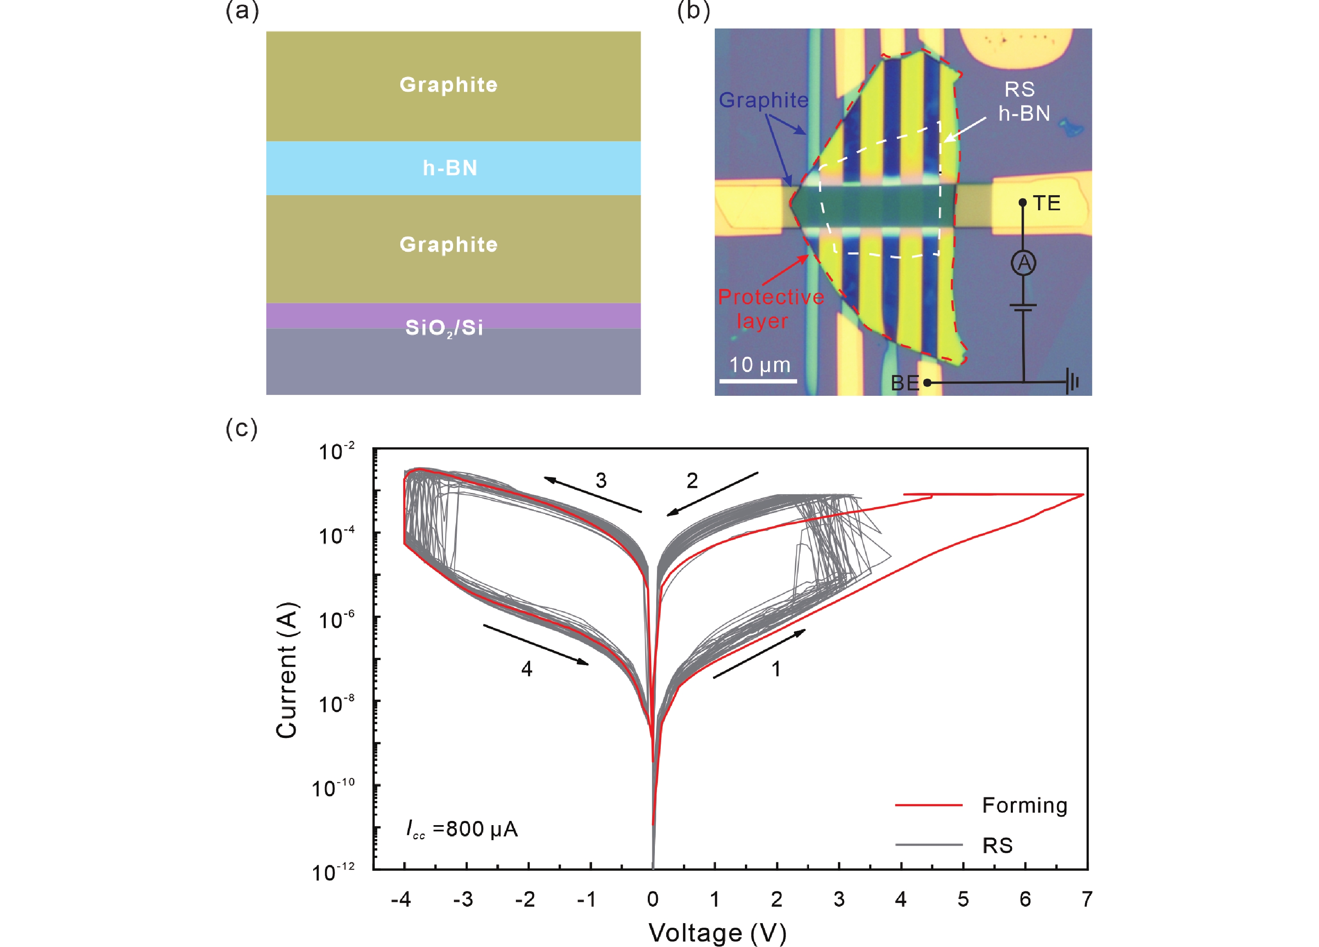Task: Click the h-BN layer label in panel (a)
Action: click(450, 168)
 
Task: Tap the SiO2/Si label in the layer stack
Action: click(444, 328)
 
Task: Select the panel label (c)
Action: click(241, 429)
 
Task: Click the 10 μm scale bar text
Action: click(760, 365)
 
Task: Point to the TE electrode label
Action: click(1046, 203)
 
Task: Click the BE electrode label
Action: click(905, 383)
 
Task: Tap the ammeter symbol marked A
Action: click(1023, 263)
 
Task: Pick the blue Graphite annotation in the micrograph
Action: click(764, 100)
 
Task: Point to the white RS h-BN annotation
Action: click(1023, 101)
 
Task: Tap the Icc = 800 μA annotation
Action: click(461, 829)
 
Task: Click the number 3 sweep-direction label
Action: click(601, 480)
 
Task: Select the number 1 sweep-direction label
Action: click(776, 669)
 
